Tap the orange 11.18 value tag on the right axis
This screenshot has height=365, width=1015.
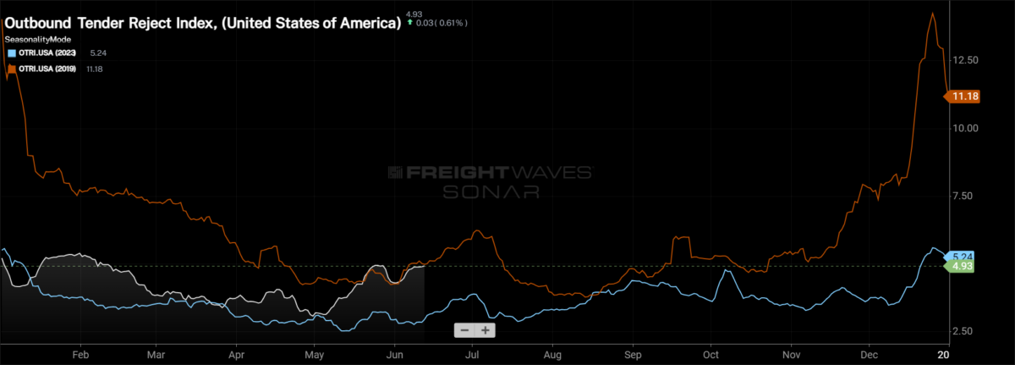tap(965, 97)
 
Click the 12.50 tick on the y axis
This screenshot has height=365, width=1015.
tap(965, 61)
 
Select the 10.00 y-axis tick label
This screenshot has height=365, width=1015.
tap(965, 128)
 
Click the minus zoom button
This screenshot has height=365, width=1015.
tap(464, 330)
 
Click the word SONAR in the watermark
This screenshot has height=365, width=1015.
tap(491, 191)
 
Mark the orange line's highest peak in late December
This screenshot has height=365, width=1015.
tap(932, 14)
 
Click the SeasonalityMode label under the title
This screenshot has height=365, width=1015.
tap(37, 39)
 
